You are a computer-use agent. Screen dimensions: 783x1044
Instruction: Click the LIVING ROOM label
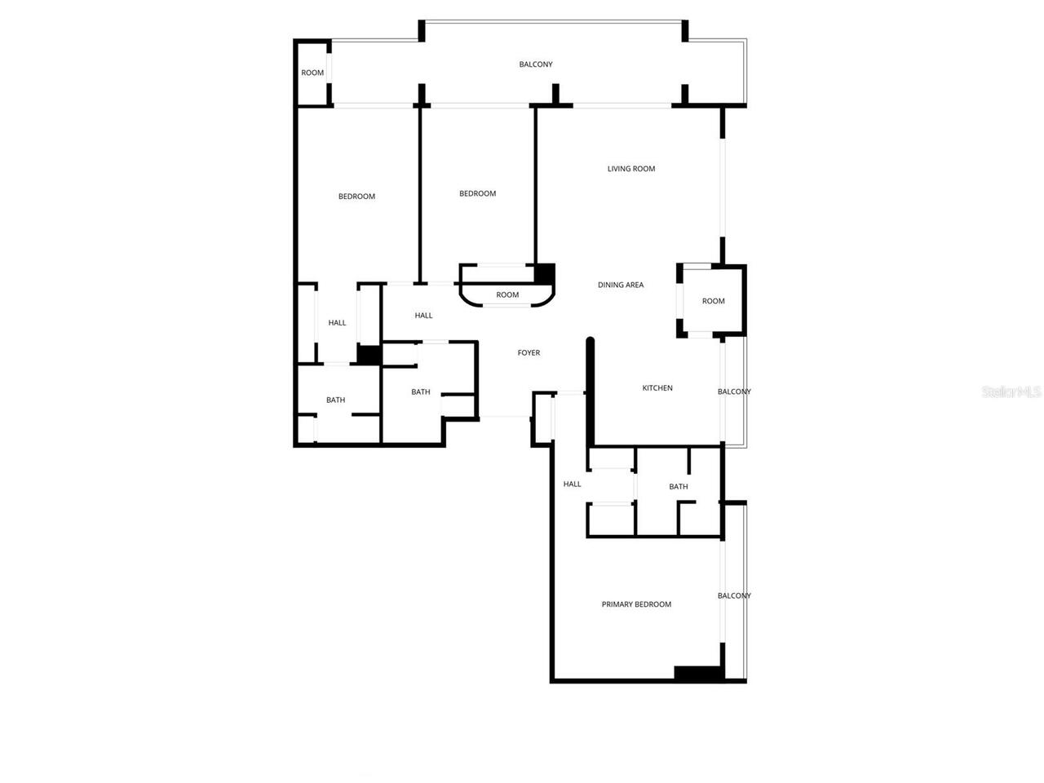pos(631,169)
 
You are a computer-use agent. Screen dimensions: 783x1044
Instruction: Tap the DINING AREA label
pos(621,285)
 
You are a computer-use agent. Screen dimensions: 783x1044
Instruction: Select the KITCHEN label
pos(657,388)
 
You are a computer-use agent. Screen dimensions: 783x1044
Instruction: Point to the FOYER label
pos(529,353)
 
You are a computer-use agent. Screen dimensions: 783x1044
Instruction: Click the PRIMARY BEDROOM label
pos(636,604)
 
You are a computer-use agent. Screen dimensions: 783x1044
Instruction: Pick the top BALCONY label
pos(536,64)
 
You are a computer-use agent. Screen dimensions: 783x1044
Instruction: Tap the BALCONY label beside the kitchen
pos(734,391)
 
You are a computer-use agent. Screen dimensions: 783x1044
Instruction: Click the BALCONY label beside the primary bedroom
pos(734,595)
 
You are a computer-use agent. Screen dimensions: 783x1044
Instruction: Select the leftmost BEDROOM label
pos(356,197)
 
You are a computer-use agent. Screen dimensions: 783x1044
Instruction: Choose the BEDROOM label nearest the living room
pos(477,193)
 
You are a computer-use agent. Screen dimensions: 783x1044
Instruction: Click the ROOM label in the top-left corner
pos(312,73)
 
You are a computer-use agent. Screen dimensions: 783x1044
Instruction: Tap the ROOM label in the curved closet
pos(507,294)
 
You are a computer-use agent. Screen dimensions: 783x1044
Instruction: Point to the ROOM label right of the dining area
pos(713,301)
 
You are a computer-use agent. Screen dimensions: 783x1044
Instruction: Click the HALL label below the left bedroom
pos(337,323)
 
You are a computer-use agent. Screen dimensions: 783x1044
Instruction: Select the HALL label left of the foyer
pos(423,316)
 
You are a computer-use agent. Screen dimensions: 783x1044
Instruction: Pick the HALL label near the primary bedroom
pos(572,484)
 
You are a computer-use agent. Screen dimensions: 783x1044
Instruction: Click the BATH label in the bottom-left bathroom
pos(335,400)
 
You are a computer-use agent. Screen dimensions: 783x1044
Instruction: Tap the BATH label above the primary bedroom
pos(678,487)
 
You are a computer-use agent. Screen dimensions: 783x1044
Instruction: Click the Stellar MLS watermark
pos(1011,392)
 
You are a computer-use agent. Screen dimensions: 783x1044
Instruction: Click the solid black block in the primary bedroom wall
pos(698,674)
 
